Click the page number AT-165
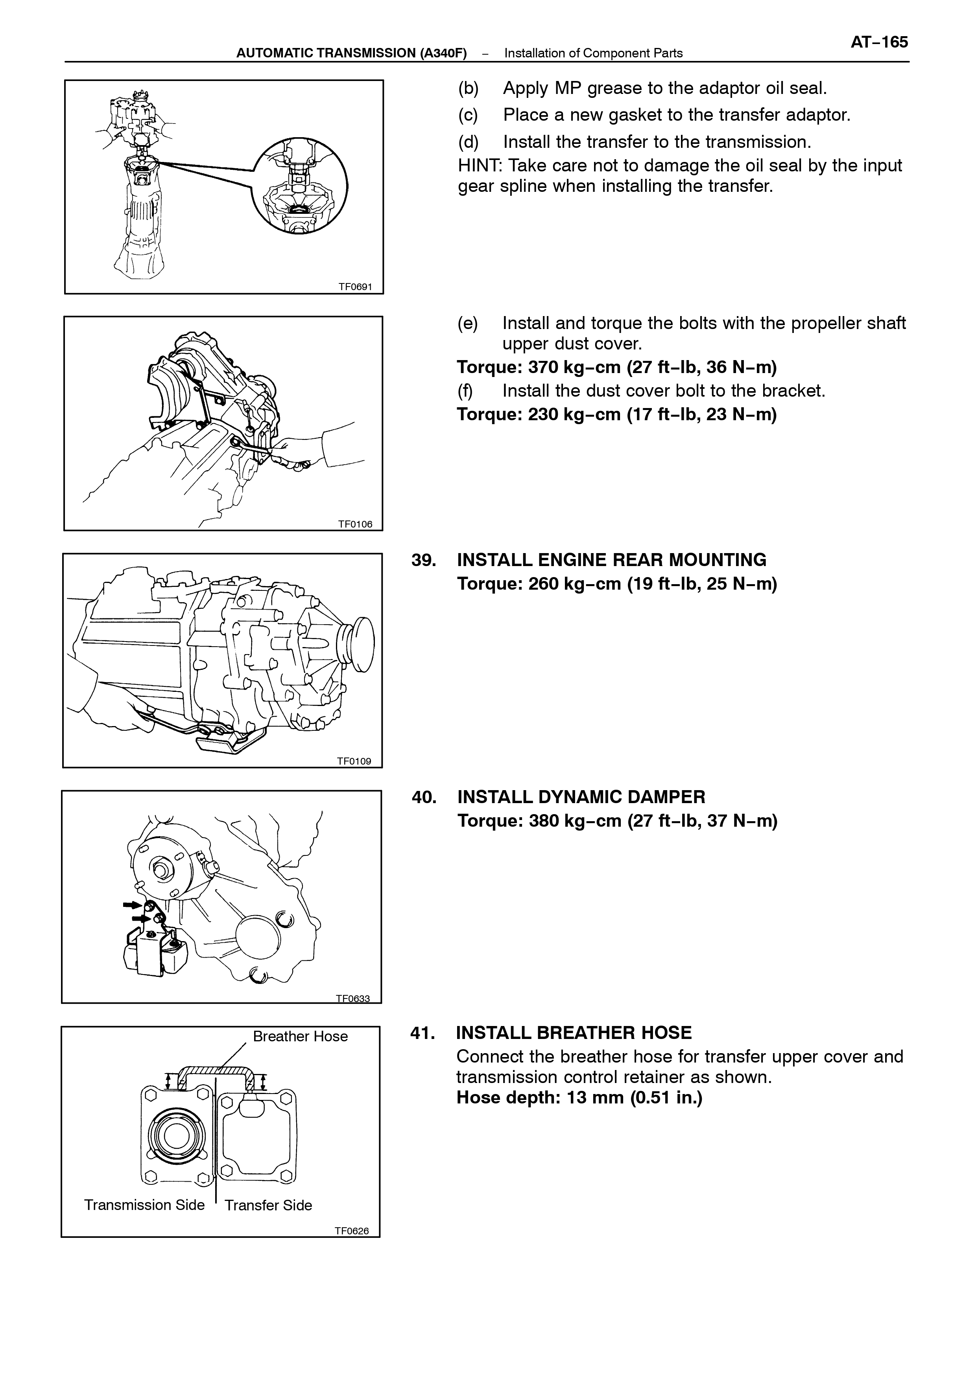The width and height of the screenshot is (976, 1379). [x=879, y=42]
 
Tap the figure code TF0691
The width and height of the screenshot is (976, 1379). [x=355, y=287]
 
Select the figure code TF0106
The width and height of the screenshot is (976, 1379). [x=355, y=524]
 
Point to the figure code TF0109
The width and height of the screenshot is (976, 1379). [x=354, y=761]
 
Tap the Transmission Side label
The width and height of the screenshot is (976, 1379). [x=144, y=1205]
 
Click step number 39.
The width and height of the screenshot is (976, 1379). [x=424, y=560]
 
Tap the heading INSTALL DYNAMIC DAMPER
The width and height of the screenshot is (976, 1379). [x=581, y=797]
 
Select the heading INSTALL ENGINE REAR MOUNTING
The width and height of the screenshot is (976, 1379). [x=612, y=560]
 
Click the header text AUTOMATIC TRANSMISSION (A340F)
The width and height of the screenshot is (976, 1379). [x=352, y=53]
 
